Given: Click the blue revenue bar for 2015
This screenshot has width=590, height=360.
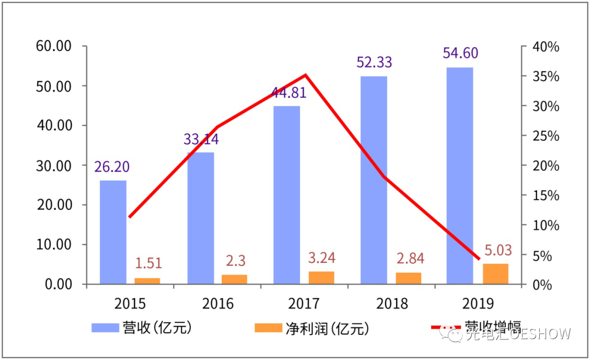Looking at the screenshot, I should coord(113,232).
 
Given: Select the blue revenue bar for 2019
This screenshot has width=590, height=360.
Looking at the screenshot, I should coord(459,175).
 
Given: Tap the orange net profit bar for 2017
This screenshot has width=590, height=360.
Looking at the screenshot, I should coord(321,278).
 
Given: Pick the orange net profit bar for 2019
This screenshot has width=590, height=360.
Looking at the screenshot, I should coord(495,274).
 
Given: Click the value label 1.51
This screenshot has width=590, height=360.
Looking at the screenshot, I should coord(148,263).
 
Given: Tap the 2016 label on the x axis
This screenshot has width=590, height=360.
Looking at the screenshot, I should coord(217,304).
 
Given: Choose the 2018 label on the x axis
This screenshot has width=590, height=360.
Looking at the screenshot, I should coord(392,304).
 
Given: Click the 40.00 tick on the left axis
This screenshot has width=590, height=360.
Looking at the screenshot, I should coord(54,126).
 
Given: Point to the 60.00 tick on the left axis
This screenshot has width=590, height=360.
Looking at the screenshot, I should coord(54,46).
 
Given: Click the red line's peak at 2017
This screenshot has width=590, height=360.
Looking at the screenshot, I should coord(305,75).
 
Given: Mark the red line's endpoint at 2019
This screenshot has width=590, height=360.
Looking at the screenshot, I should coord(479,258).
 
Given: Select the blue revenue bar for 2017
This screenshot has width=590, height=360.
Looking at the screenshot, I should coord(287,194).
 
